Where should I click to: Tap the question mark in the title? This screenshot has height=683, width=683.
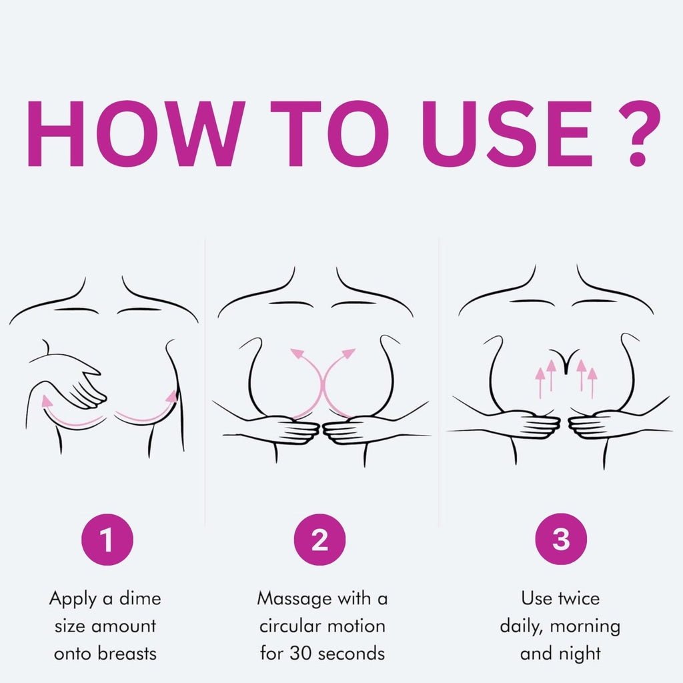point(639,133)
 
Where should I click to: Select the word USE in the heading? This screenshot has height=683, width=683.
point(508,133)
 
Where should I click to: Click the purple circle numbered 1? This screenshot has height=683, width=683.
point(107,539)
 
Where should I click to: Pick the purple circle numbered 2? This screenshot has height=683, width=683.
point(319,539)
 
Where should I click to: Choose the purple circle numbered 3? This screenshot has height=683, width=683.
point(561,539)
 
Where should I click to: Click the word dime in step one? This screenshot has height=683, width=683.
point(140,598)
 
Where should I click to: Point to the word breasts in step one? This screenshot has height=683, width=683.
point(127,654)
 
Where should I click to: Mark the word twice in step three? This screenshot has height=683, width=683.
point(578,598)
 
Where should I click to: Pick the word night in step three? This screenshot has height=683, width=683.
point(580,654)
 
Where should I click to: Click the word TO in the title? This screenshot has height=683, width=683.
point(329,133)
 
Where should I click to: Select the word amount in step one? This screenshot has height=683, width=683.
point(123,626)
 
